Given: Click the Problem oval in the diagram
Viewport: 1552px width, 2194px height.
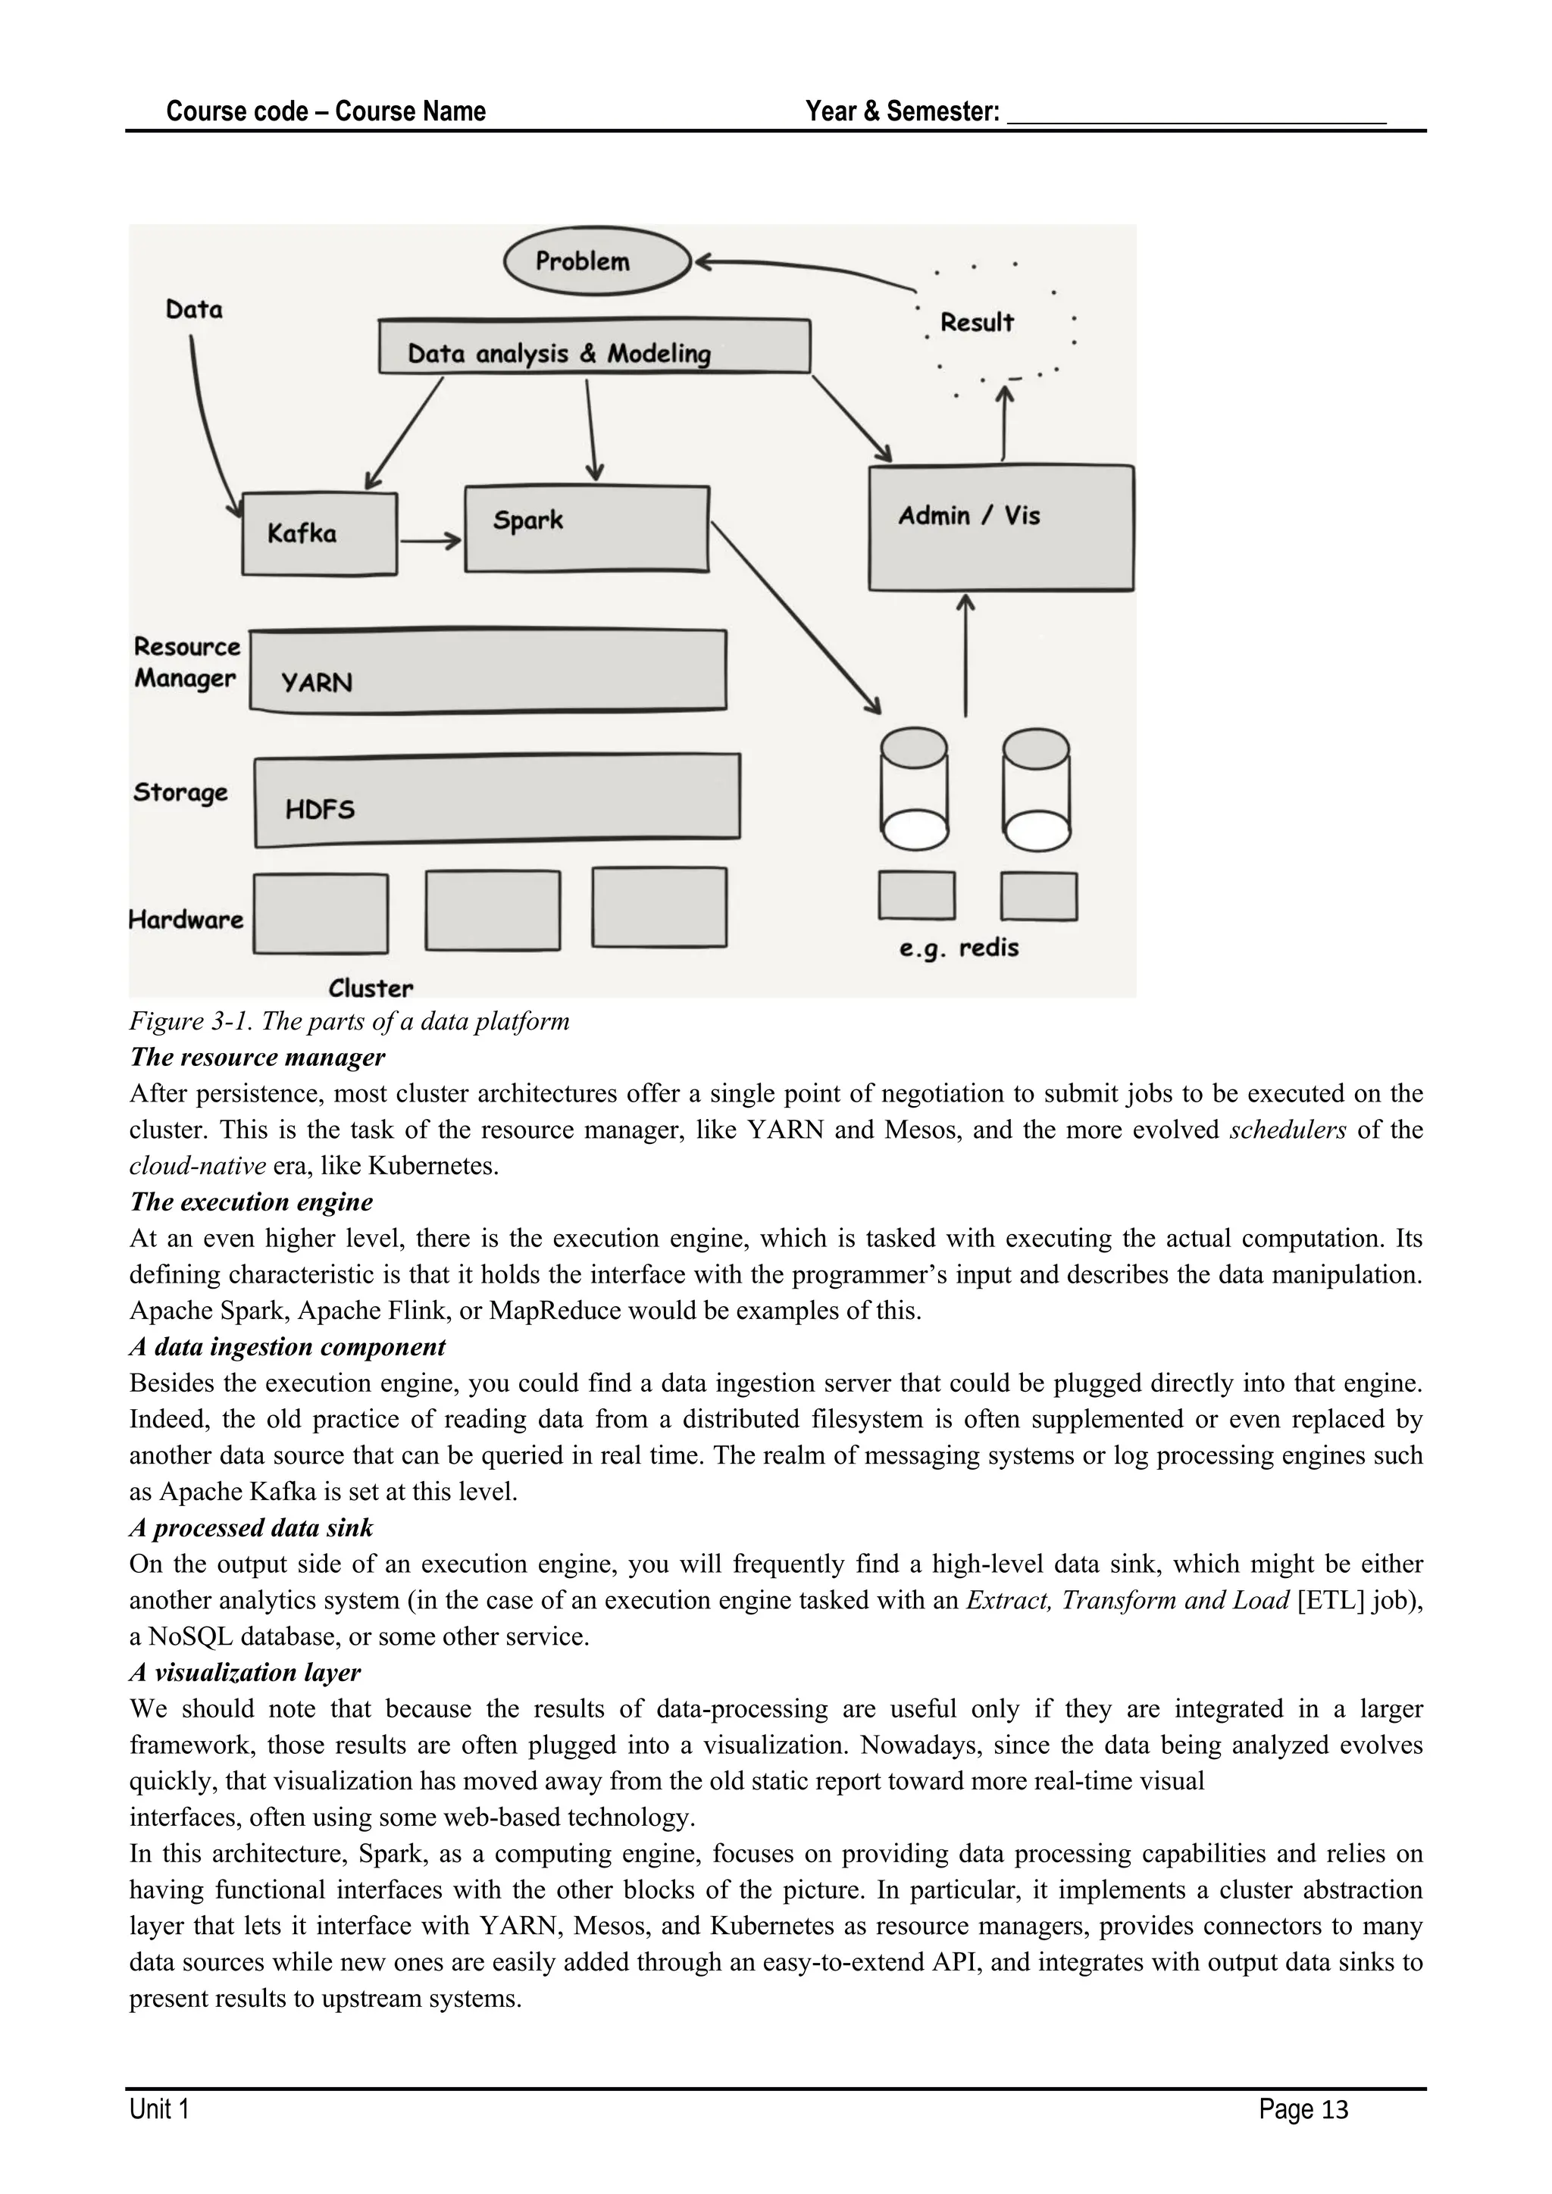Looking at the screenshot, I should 596,261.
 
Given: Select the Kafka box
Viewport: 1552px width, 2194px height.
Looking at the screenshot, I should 319,533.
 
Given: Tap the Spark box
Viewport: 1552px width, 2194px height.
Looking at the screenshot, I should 586,529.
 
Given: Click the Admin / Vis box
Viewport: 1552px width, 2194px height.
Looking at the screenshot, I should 1000,529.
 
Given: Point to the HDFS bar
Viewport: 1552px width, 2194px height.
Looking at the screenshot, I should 497,800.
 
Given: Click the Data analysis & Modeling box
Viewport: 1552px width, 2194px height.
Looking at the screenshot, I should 593,346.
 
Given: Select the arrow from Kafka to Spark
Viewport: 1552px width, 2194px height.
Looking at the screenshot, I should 430,542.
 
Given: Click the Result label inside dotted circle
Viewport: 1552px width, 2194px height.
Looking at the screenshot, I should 976,323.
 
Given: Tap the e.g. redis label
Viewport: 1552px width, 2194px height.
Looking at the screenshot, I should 959,948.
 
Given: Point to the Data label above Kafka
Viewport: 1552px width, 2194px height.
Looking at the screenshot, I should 194,310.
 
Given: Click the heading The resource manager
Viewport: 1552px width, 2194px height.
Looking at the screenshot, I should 257,1057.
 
